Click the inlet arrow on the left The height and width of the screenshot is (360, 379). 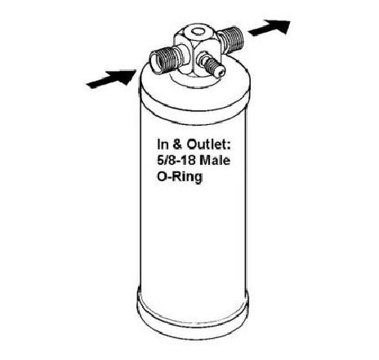coord(111,78)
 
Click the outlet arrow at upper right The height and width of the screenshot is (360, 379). coord(270,28)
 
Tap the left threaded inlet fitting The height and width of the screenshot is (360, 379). coord(166,60)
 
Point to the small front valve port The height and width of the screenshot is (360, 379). coord(212,64)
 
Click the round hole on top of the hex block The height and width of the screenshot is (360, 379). coord(198,32)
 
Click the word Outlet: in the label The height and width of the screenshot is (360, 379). coord(208,144)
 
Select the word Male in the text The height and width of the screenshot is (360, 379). coord(215,160)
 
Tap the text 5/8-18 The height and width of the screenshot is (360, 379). coord(176,160)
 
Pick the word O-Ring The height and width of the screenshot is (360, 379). coord(180,177)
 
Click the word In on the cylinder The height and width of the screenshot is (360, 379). coord(163,144)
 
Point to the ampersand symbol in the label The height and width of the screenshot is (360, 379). coord(177,144)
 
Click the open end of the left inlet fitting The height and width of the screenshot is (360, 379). coord(157,63)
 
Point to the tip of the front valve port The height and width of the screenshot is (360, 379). coord(221,72)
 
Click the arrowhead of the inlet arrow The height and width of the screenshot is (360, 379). coord(124,76)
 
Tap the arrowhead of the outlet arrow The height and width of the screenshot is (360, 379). coord(279,25)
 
